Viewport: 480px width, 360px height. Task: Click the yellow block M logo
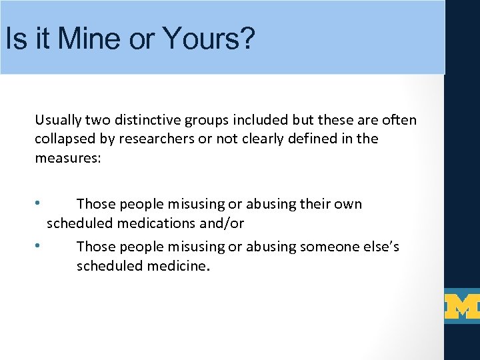tap(462, 306)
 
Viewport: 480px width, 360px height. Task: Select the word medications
tap(148, 223)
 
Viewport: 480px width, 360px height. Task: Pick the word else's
tap(380, 247)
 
